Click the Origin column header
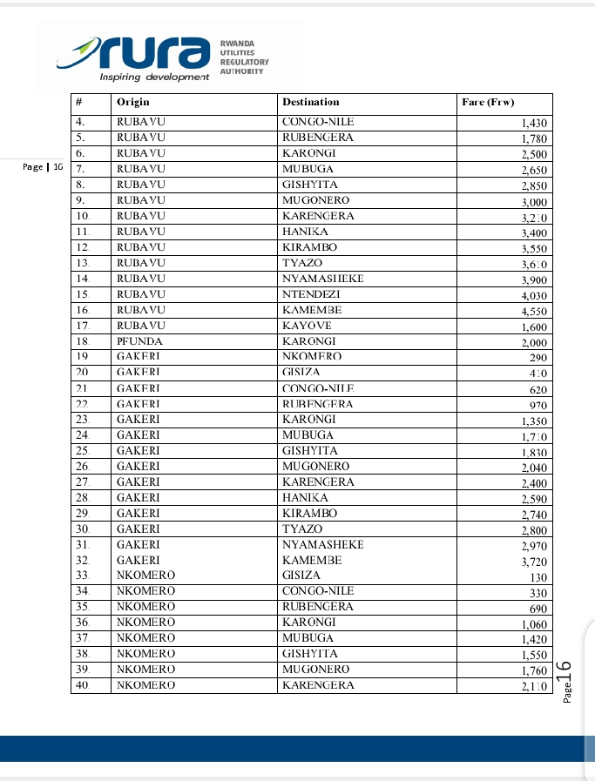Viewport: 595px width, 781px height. pos(133,103)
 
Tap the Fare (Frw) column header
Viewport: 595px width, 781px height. pos(488,103)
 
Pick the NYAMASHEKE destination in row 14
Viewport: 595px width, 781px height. pos(323,279)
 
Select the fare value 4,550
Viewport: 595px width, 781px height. pos(533,311)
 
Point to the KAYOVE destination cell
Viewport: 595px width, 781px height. pos(307,326)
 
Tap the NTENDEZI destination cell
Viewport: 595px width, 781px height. pos(311,294)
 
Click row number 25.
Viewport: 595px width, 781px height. pos(84,451)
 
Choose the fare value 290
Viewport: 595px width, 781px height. pos(538,358)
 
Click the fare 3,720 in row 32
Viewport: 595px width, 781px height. pos(533,562)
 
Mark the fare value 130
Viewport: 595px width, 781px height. pos(538,577)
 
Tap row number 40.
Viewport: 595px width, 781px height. pos(84,685)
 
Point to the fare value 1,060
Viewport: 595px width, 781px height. pos(533,624)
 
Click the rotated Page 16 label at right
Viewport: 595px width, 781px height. pos(565,680)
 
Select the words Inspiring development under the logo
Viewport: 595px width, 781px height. pos(154,77)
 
